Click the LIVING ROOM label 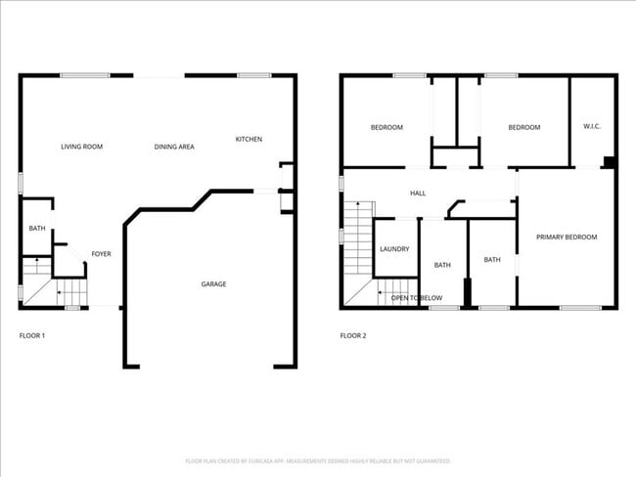coord(81,147)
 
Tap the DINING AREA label coord(174,147)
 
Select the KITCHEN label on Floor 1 coord(249,139)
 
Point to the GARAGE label coord(213,284)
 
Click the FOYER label coord(102,254)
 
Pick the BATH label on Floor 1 coord(37,229)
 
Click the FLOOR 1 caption coord(32,336)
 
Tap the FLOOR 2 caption coord(353,336)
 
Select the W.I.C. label coord(592,126)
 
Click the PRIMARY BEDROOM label coord(567,238)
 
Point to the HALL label coord(418,194)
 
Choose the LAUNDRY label coord(394,249)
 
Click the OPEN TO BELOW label coord(417,297)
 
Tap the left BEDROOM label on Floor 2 coord(386,127)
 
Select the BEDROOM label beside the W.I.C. coord(523,127)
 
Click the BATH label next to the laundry coord(442,265)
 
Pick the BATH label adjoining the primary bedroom coord(492,260)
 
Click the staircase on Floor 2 coord(358,254)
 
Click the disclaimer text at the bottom coord(318,460)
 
